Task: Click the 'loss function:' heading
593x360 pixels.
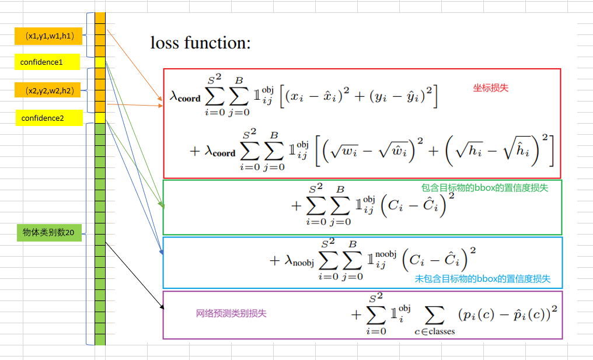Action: pos(200,43)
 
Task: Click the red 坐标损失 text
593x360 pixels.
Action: pos(490,88)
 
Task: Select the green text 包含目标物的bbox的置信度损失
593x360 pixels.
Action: pos(484,188)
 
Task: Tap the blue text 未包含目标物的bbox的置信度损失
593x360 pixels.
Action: pos(482,279)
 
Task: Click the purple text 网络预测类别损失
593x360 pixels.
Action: pos(231,313)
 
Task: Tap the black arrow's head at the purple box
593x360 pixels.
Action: pos(161,306)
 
